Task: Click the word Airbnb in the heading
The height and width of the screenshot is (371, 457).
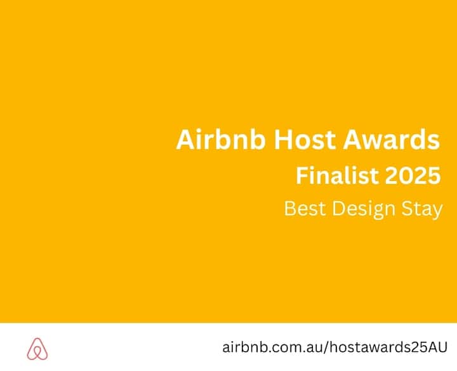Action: click(221, 139)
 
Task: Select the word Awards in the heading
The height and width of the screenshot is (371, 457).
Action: click(391, 139)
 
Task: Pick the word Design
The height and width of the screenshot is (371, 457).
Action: click(364, 210)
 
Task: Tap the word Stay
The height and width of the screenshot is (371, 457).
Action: click(422, 210)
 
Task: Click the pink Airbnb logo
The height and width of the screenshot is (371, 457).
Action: click(37, 349)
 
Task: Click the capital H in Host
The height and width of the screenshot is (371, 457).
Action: click(283, 139)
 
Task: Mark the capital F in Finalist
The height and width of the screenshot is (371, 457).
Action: click(301, 175)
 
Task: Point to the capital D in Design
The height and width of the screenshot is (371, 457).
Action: click(339, 208)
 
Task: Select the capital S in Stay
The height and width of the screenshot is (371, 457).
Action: click(407, 208)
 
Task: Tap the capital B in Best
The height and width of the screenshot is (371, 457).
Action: click(290, 208)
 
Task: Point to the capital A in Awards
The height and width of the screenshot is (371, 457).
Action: click(352, 139)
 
